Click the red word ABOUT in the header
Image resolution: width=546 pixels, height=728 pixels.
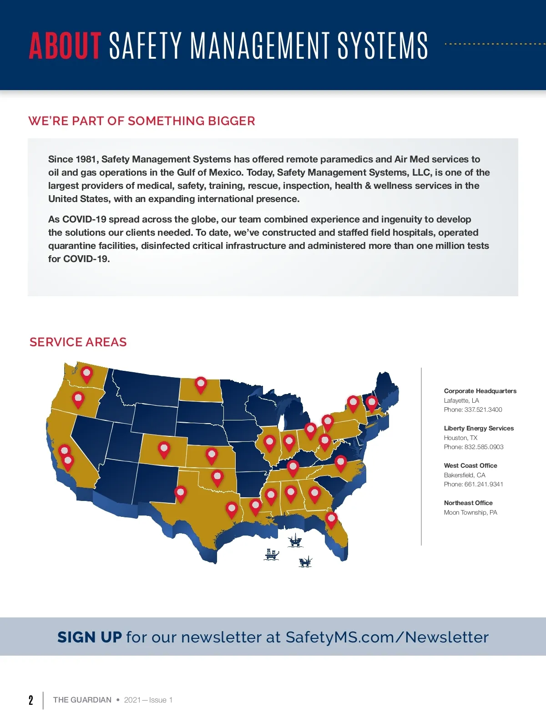pos(65,45)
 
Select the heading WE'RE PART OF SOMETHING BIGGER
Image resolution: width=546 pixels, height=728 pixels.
pos(142,121)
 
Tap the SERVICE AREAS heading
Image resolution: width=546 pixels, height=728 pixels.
pos(78,342)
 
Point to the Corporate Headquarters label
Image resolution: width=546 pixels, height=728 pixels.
pos(480,391)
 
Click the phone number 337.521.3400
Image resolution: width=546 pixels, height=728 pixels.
pos(483,409)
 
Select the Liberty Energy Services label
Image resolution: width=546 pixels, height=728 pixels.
pos(479,428)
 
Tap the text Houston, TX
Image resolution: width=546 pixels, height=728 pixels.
pos(460,438)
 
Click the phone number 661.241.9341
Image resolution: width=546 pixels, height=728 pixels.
pos(484,484)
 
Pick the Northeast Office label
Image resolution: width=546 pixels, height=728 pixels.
pos(468,503)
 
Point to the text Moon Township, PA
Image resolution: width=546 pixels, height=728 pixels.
pos(470,512)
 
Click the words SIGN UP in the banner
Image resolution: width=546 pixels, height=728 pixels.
pos(90,637)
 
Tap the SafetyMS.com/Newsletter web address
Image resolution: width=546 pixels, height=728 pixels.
pos(387,637)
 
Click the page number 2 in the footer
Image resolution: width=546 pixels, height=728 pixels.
pos(31,700)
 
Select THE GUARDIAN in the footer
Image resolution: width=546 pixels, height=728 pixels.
pos(82,700)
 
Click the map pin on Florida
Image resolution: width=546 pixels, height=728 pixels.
pos(331,519)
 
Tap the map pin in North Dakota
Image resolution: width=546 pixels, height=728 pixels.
pos(201,384)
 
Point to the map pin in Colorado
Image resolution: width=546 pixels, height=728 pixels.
pos(164,449)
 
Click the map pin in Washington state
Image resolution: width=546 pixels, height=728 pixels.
pos(86,374)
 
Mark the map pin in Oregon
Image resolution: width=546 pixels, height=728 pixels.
pos(78,399)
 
